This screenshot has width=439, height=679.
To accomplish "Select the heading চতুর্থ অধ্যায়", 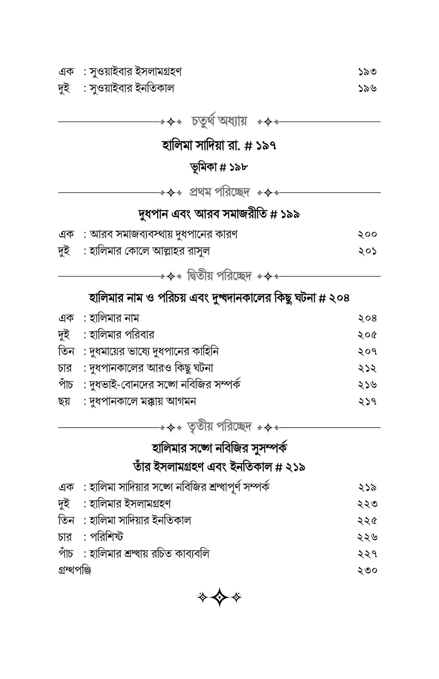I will (219, 121).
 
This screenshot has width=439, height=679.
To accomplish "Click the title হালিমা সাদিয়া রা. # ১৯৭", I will (219, 146).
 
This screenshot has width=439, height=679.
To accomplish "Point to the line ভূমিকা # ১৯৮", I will (219, 167).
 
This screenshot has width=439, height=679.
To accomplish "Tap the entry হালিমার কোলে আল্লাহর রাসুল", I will (149, 251).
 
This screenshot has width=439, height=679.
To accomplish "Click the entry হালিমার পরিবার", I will (122, 334).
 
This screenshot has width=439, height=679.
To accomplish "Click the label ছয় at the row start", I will (64, 401).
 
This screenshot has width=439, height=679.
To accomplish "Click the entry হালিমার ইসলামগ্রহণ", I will (130, 504).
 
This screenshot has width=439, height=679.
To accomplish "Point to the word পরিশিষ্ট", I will (107, 537).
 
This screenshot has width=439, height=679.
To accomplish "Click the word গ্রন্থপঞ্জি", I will (75, 570).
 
